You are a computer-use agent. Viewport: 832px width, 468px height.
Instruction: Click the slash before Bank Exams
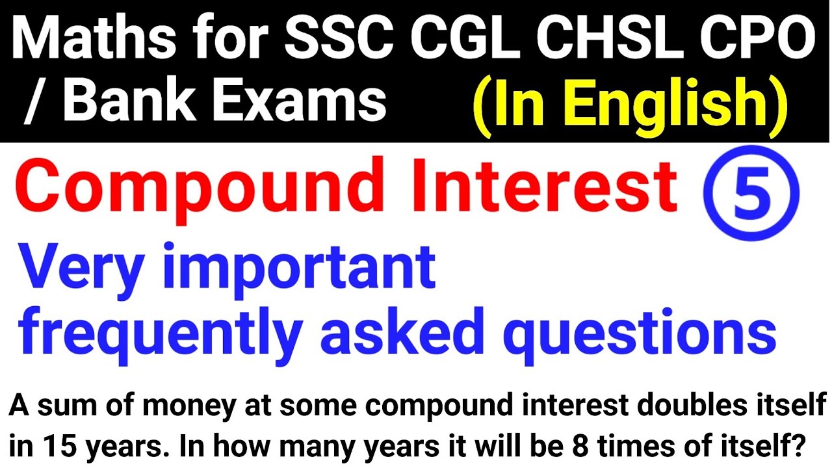pyautogui.click(x=31, y=103)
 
